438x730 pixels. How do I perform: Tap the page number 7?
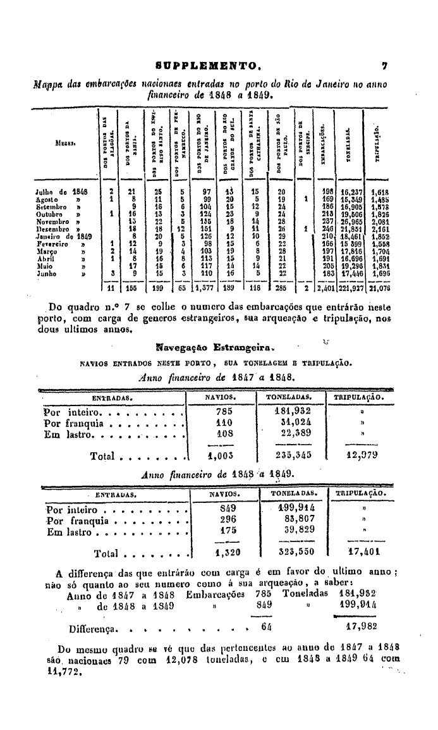click(384, 65)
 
